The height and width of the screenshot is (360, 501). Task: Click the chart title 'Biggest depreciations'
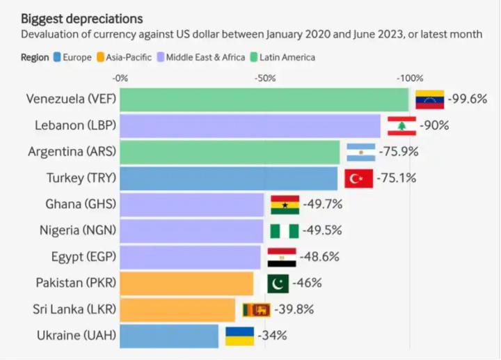point(82,17)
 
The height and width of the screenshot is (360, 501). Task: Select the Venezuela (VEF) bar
point(264,100)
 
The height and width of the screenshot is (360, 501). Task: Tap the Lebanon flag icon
point(401,126)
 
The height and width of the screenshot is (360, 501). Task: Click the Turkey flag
point(358,178)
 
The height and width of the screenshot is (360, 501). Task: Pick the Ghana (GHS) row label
point(81,205)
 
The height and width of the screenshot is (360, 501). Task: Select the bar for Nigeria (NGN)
point(192,230)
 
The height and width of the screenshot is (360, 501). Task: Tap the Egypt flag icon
point(282,257)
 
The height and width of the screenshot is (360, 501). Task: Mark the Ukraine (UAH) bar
point(169,336)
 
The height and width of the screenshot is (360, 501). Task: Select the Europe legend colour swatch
point(57,57)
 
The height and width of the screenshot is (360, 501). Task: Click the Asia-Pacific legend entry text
point(128,57)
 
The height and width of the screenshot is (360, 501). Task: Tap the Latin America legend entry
point(287,57)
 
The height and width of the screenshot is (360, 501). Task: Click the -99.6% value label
point(467,99)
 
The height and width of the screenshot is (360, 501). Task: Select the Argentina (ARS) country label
point(72,152)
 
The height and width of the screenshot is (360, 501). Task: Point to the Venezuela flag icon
point(430,100)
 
